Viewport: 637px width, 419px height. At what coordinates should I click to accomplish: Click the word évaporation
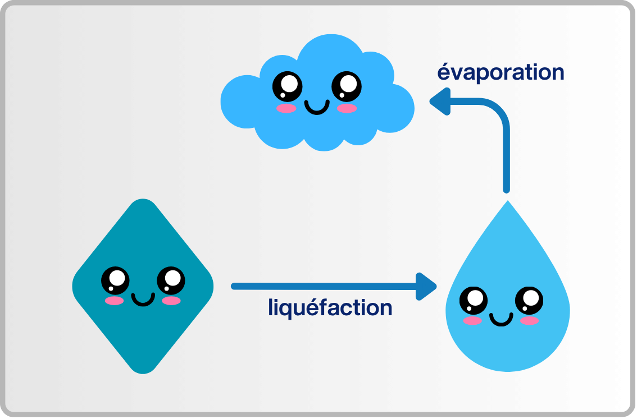pos(501,72)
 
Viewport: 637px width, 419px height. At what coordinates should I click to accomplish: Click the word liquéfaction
pos(330,308)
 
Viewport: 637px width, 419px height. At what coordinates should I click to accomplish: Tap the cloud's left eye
pos(287,86)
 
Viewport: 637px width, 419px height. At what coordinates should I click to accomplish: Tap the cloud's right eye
pos(347,86)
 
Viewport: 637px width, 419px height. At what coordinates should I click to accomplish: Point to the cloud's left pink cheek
pos(286,108)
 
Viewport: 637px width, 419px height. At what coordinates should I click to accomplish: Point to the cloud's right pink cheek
pos(347,108)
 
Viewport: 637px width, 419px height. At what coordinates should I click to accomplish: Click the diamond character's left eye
pos(115,279)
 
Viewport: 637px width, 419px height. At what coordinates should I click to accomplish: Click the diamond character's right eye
pos(170,279)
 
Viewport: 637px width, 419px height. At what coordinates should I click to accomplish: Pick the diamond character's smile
pos(143,299)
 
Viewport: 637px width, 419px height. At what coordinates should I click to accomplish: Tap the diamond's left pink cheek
pos(114,301)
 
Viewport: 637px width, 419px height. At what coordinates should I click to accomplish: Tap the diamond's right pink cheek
pos(171,301)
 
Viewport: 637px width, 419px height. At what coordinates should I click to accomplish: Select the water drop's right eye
pos(529,300)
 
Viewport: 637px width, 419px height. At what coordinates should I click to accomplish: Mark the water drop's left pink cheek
pos(472,321)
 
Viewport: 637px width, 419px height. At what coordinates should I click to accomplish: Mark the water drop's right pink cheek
pos(529,321)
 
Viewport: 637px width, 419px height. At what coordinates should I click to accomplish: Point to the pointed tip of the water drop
pos(507,202)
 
